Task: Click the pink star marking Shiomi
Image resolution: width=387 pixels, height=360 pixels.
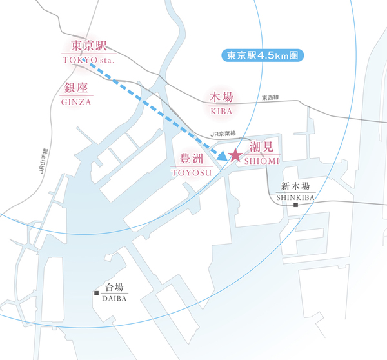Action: click(234, 155)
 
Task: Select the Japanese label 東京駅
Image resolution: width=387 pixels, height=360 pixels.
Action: click(88, 46)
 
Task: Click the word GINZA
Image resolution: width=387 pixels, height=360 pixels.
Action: click(77, 102)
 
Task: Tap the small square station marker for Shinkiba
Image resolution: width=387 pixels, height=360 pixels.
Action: click(295, 205)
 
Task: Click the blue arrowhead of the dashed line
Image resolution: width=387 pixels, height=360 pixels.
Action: click(222, 156)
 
